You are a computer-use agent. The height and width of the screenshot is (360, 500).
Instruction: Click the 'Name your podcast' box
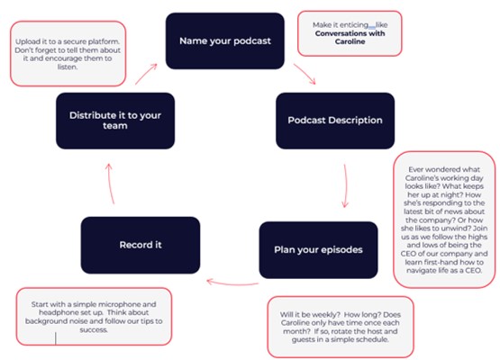coord(225,40)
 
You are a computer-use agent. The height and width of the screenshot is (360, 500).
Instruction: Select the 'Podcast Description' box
coord(335,121)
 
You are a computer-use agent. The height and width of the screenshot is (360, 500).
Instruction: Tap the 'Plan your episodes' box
coord(318,250)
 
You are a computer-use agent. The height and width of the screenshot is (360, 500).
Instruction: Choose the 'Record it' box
coord(141,245)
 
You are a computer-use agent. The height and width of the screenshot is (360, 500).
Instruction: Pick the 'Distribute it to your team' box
coord(115,121)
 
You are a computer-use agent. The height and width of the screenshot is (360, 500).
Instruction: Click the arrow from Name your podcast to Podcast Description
coord(305,73)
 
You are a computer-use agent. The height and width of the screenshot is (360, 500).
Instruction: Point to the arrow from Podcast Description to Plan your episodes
coord(346,186)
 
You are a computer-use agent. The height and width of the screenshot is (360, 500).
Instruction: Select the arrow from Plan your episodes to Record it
coord(232,283)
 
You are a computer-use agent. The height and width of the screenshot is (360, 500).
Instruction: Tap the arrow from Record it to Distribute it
coord(110,184)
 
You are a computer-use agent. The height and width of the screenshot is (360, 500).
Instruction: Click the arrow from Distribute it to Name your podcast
coord(146,74)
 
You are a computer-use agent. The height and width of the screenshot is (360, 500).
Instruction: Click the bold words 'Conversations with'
coord(350,33)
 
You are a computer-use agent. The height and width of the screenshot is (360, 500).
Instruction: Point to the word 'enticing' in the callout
coord(354,25)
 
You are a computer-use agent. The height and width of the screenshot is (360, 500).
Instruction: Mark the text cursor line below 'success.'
coord(56,338)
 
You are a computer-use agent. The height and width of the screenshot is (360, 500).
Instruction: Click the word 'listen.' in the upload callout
coord(68,67)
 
